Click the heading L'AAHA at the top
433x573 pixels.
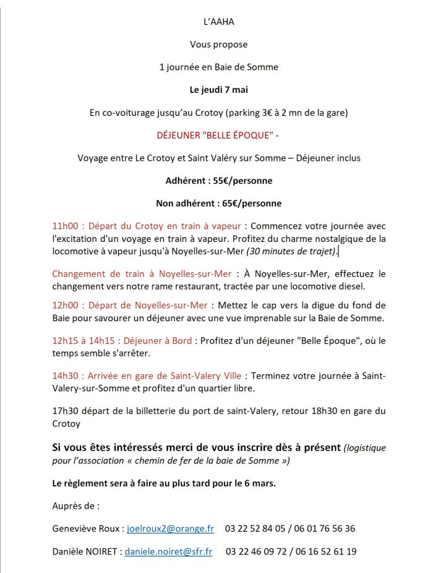(x=216, y=22)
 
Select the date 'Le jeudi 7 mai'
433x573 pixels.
(x=216, y=90)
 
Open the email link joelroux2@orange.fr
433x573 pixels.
(x=170, y=528)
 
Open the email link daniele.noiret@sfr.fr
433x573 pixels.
(x=168, y=551)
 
